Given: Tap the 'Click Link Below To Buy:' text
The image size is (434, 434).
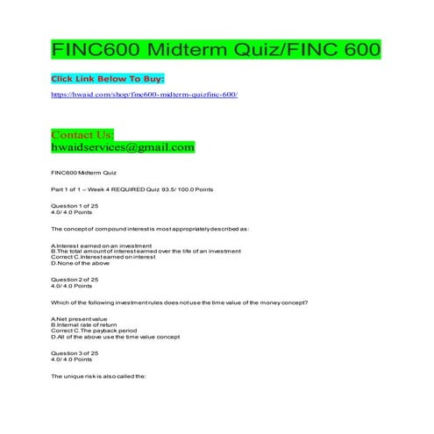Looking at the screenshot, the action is [108, 79].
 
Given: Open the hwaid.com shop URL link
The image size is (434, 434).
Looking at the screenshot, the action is [144, 93].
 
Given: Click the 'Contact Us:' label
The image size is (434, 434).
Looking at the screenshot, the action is [82, 134].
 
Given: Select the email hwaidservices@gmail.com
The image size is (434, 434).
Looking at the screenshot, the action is [123, 147].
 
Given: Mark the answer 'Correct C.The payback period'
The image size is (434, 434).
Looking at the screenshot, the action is [96, 331].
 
